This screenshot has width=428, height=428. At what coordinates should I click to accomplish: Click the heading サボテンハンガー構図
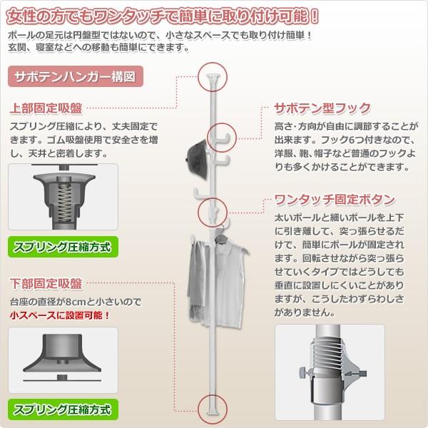coord(70,76)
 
